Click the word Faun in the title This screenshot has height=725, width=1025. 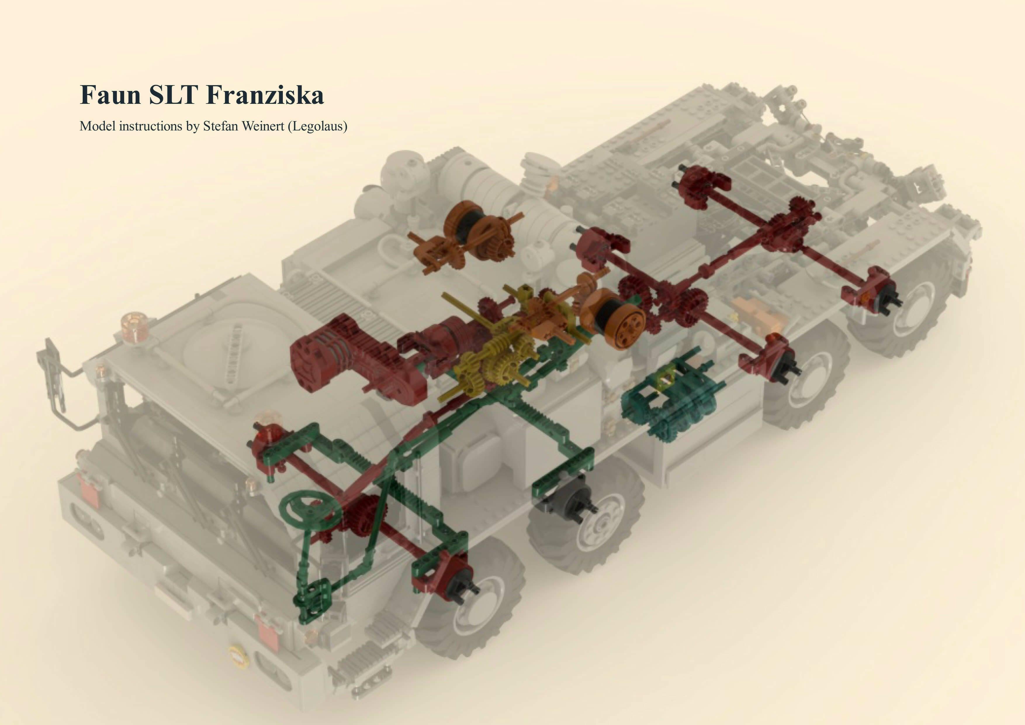pyautogui.click(x=110, y=95)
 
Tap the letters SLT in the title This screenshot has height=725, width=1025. pyautogui.click(x=173, y=95)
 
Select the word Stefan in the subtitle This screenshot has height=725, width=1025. pyautogui.click(x=221, y=126)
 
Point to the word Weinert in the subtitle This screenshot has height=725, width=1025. pyautogui.click(x=262, y=126)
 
